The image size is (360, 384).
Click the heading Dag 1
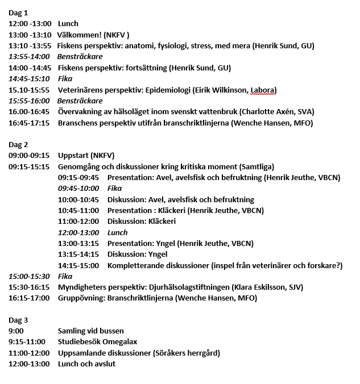click(x=19, y=12)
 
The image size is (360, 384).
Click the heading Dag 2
click(x=19, y=144)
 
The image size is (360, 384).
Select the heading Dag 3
click(x=19, y=320)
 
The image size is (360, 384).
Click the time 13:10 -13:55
click(x=30, y=45)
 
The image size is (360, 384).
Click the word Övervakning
click(x=81, y=111)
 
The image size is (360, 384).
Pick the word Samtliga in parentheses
click(x=256, y=166)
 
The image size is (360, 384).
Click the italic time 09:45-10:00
click(x=78, y=188)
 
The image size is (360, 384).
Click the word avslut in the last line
click(x=104, y=364)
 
